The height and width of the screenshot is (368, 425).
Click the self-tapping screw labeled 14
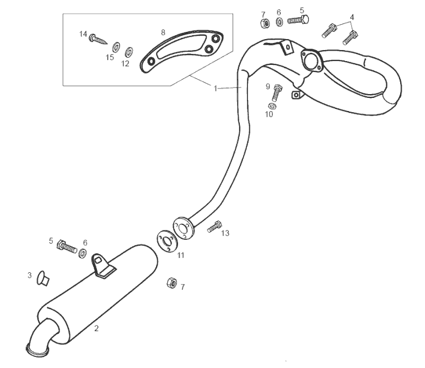(98, 40)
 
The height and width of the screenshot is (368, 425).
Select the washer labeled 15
(116, 47)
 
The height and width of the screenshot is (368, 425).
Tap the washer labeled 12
(129, 52)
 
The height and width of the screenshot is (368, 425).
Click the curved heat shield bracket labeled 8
(181, 51)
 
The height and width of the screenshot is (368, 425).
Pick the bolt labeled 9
(277, 93)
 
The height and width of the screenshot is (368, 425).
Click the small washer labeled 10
(272, 106)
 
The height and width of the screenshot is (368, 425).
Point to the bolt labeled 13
(214, 227)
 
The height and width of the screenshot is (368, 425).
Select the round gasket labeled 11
(165, 241)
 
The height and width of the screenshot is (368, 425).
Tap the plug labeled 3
(43, 278)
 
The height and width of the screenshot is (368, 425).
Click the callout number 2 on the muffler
(96, 328)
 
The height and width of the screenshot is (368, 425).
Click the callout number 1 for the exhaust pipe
(216, 89)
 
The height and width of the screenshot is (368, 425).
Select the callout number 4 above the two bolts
(352, 17)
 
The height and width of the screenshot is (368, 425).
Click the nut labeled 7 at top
(265, 24)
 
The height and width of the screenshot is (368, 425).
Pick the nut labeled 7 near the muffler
(171, 283)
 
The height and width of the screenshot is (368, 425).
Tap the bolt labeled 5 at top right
(298, 20)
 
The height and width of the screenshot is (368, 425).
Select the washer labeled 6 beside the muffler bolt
(83, 254)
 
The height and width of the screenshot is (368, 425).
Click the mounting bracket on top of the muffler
(103, 266)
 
